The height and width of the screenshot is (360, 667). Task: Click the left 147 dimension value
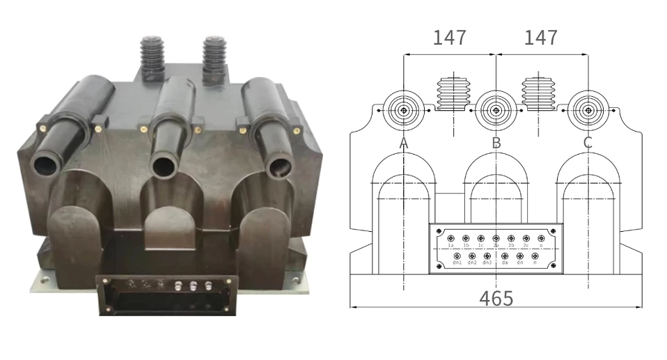449,37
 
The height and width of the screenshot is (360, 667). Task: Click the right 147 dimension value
540,37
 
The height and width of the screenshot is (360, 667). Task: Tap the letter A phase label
403,143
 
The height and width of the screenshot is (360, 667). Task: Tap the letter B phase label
496,143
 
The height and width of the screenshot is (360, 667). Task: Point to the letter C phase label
588,143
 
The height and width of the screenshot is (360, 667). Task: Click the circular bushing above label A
403,110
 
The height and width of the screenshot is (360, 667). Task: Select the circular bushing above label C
588,110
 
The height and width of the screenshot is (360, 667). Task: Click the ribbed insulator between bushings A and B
453,95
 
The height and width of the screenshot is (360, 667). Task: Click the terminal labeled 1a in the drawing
450,238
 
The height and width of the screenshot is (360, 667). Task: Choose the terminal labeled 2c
526,238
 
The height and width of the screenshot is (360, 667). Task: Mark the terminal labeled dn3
487,256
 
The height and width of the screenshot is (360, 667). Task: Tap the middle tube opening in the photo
163,167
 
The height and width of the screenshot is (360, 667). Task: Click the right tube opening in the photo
278,167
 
